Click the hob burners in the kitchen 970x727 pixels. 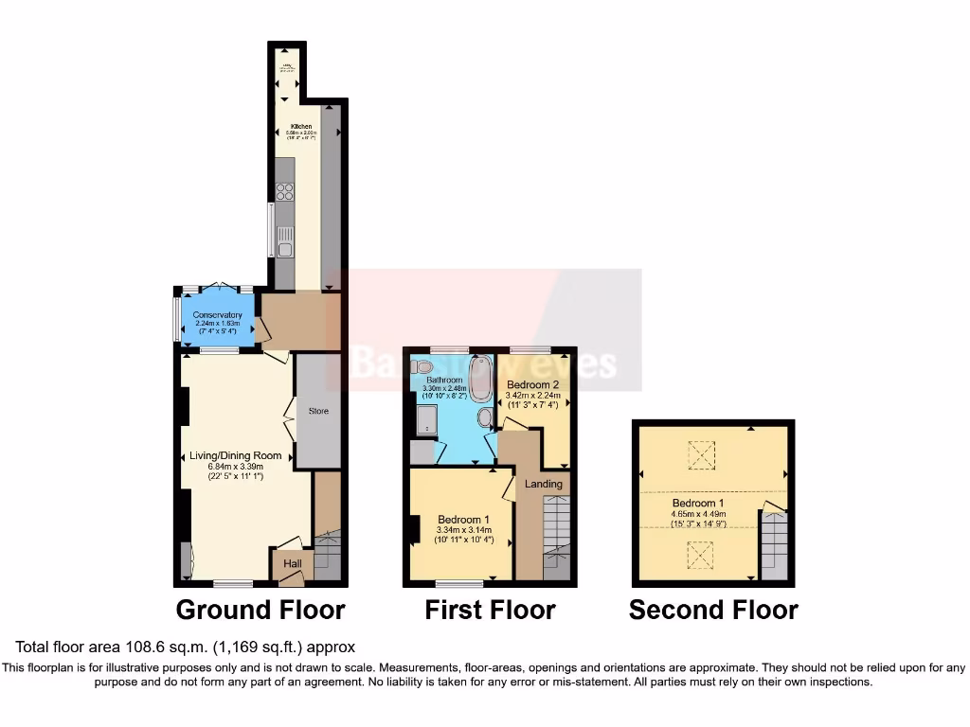tap(284, 192)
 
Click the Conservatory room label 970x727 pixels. tap(217, 315)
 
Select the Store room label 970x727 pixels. tap(318, 412)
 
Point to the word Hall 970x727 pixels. tap(293, 564)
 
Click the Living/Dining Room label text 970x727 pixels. tap(226, 455)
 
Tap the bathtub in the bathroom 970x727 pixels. tap(480, 378)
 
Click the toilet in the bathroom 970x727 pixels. tap(422, 367)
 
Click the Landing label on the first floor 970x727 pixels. tap(544, 484)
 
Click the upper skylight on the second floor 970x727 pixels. tap(701, 456)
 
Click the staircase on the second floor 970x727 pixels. tap(774, 544)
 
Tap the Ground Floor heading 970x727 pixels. tap(260, 610)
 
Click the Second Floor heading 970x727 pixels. tap(713, 611)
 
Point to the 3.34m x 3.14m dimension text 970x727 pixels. tap(463, 531)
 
